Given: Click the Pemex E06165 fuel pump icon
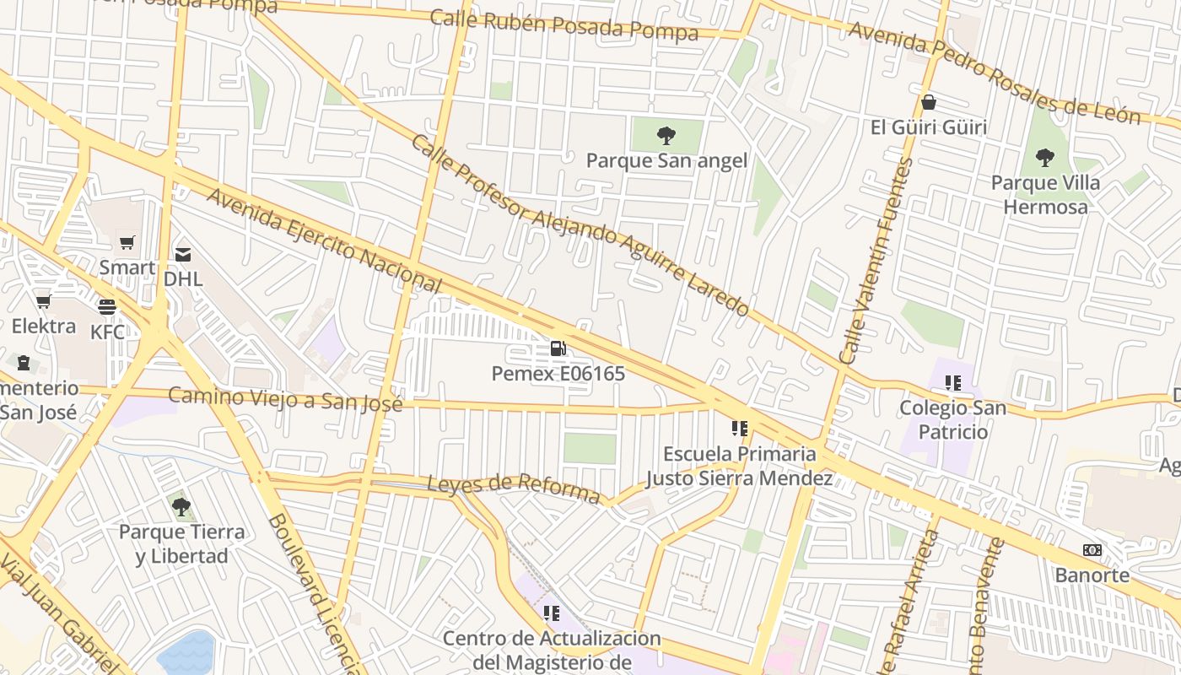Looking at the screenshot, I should pyautogui.click(x=558, y=348).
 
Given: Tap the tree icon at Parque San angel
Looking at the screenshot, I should pyautogui.click(x=666, y=135).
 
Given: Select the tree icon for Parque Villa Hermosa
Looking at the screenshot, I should pyautogui.click(x=1045, y=157).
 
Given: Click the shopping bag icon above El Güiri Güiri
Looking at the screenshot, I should pyautogui.click(x=929, y=102).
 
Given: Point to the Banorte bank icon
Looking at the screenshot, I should pyautogui.click(x=1092, y=550).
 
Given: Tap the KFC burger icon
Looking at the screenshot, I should pyautogui.click(x=107, y=306).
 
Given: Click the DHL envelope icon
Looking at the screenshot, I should pyautogui.click(x=183, y=253).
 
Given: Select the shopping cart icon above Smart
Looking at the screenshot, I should pyautogui.click(x=127, y=243).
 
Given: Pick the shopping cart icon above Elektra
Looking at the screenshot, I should pyautogui.click(x=43, y=301).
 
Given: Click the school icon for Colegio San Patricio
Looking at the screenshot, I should pyautogui.click(x=953, y=383).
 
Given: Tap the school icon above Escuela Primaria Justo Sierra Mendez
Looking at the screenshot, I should pyautogui.click(x=740, y=429).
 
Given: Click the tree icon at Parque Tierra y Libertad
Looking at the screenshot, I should pyautogui.click(x=181, y=506).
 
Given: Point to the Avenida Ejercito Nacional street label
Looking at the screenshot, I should pyautogui.click(x=324, y=240).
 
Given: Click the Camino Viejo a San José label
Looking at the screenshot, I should pyautogui.click(x=285, y=398).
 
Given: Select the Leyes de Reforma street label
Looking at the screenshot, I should pyautogui.click(x=513, y=488).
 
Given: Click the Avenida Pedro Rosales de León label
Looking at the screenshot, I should pyautogui.click(x=994, y=73).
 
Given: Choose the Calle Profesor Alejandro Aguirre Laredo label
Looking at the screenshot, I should pyautogui.click(x=580, y=225).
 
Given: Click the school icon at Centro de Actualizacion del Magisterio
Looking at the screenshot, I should pyautogui.click(x=552, y=613).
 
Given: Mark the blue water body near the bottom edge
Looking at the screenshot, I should pyautogui.click(x=186, y=655).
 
